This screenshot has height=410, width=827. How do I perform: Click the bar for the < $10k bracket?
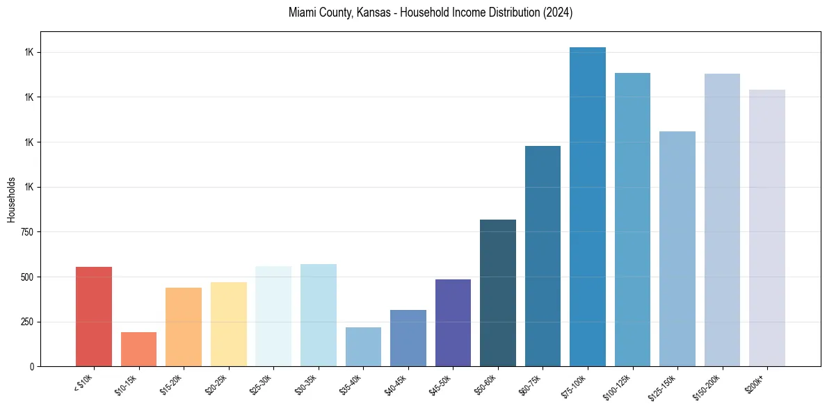coord(94,316)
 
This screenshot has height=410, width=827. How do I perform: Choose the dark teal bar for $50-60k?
coord(498,293)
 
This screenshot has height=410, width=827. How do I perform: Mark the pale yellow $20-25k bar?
coord(228,324)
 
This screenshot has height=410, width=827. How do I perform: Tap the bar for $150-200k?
coord(722,220)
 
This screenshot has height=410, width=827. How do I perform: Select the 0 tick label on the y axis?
coord(32,367)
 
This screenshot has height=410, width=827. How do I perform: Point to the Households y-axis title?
coord(11,199)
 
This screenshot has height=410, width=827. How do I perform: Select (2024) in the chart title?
coord(559,13)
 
